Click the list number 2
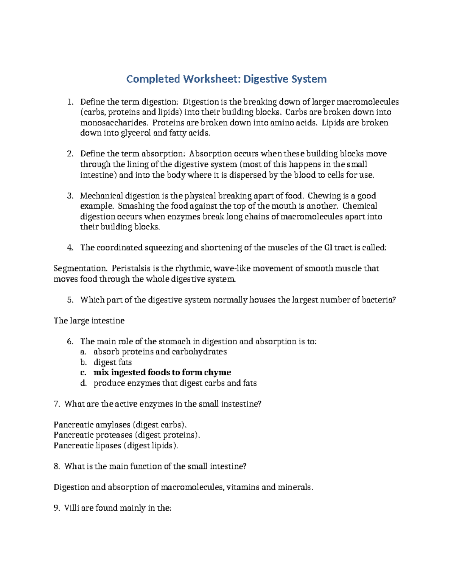click(70, 154)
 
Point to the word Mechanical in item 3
click(101, 196)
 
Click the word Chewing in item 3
click(324, 196)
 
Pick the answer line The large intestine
click(89, 321)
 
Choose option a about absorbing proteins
click(160, 352)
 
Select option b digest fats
click(112, 362)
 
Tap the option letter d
click(83, 383)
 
